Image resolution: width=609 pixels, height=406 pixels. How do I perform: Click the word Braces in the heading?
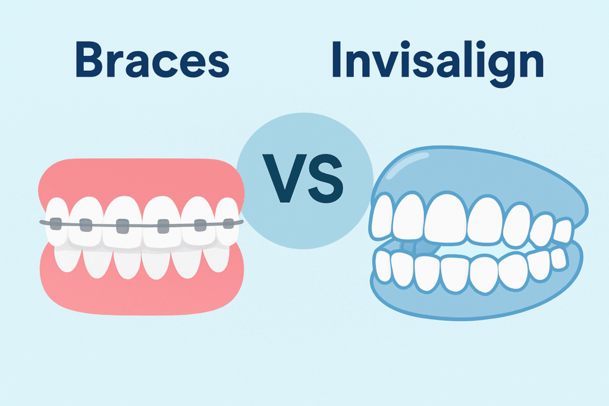pos(153,61)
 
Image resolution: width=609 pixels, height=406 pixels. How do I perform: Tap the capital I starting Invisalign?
pos(337,61)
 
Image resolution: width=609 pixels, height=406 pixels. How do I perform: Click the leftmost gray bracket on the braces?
pos(55,224)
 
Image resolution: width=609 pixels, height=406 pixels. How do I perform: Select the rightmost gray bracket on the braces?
pos(228,224)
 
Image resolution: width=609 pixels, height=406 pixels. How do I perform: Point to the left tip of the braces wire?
pos(42,224)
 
